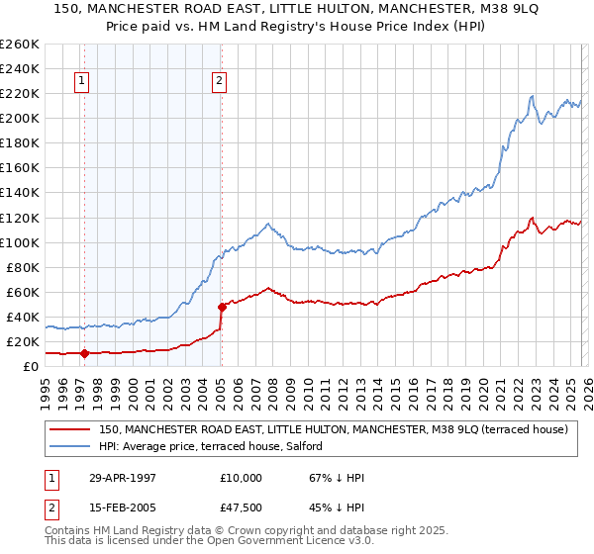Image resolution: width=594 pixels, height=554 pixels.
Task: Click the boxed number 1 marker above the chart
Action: click(80, 82)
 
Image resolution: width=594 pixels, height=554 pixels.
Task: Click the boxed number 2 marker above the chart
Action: click(219, 82)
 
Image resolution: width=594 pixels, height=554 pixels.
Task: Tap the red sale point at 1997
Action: click(84, 353)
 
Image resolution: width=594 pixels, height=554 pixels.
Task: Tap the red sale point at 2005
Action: click(222, 307)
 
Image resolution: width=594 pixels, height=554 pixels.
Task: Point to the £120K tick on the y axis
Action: click(20, 218)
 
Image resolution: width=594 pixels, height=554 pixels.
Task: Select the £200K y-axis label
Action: click(20, 118)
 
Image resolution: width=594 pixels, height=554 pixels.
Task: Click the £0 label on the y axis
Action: click(32, 366)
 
